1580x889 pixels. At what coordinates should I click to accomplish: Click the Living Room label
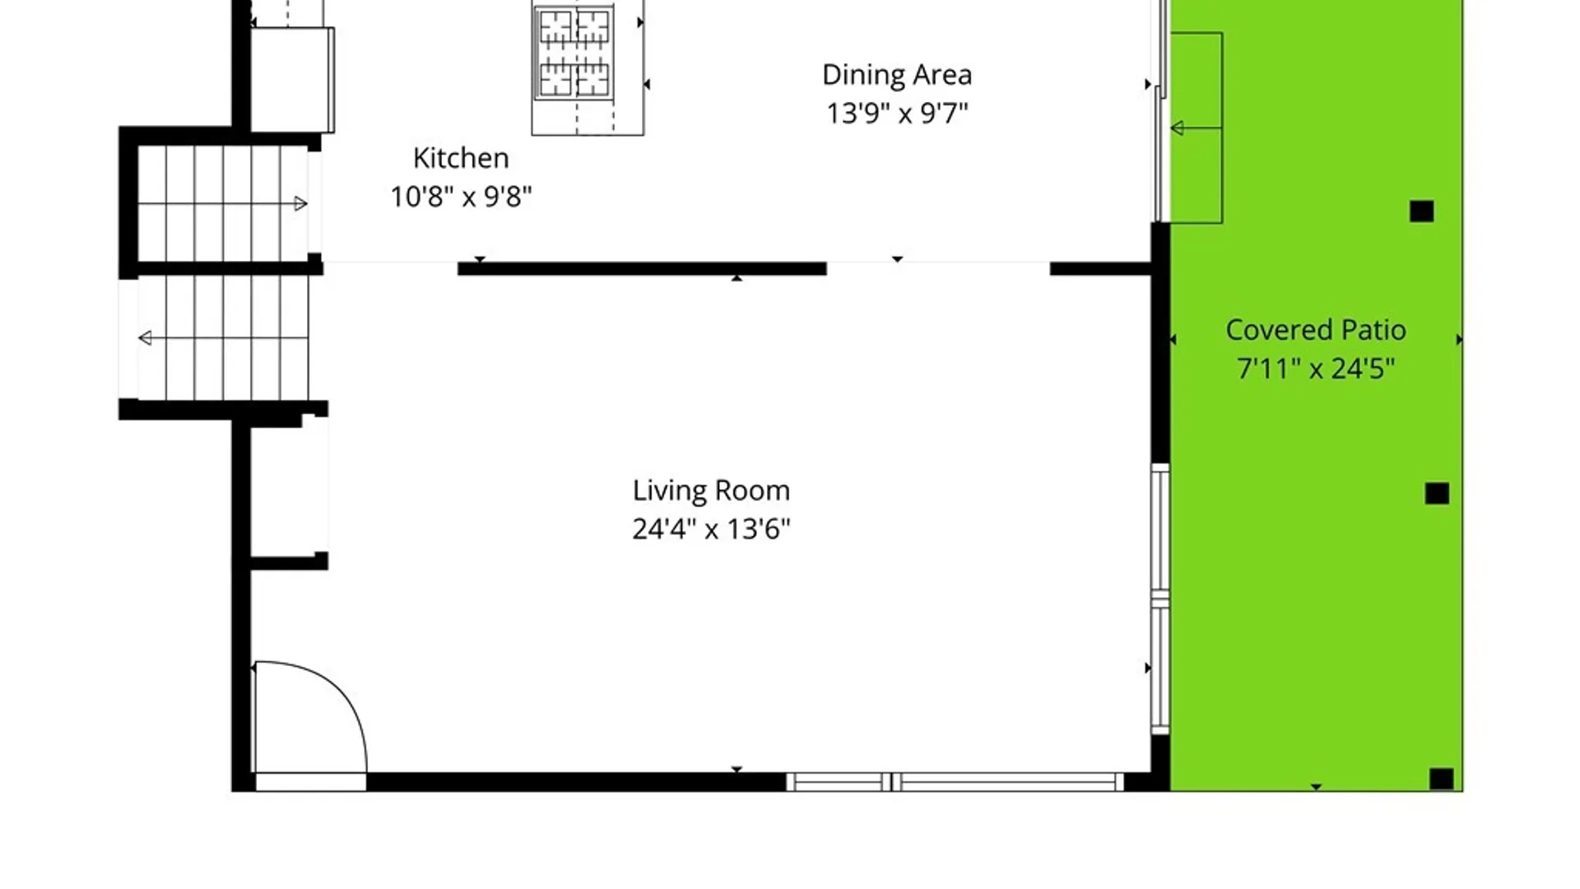tap(711, 491)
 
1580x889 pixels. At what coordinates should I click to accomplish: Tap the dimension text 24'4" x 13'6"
tap(711, 528)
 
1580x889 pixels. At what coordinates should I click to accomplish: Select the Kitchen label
tap(461, 158)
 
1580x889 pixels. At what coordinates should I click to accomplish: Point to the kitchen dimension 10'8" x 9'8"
tap(461, 197)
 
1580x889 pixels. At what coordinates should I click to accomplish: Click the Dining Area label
tap(897, 75)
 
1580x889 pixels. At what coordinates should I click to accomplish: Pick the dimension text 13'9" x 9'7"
tap(897, 113)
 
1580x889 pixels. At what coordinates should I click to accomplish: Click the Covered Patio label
tap(1316, 330)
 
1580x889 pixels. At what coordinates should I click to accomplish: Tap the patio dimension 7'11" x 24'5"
tap(1316, 368)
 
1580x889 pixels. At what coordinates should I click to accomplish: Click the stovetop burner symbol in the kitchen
tap(574, 53)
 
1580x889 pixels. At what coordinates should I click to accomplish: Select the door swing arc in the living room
tap(346, 700)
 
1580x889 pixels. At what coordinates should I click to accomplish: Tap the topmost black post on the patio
tap(1421, 212)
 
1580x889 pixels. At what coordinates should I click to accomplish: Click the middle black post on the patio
tap(1437, 493)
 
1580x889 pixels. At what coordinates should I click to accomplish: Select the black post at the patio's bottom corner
tap(1441, 779)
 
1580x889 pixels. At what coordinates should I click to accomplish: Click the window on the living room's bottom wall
tap(955, 782)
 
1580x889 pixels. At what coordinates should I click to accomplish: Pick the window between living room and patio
tap(1160, 598)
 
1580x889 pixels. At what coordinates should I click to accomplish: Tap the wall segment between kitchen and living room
tap(642, 269)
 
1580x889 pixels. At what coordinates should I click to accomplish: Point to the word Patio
tap(1373, 330)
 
